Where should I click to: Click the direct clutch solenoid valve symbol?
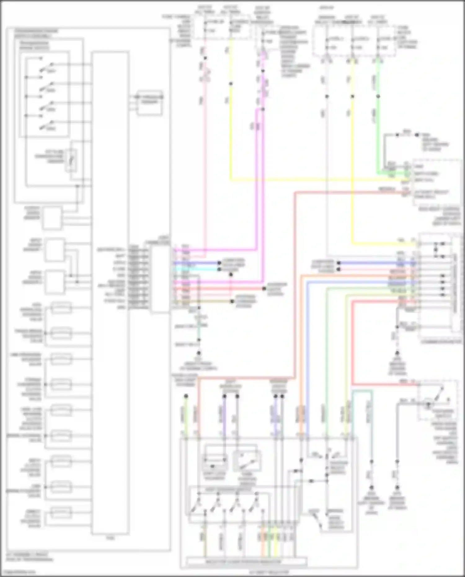tap(61, 512)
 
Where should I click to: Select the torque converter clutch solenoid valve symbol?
tap(61, 385)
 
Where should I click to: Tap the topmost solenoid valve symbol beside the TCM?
tap(61, 308)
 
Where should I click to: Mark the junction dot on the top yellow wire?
tap(231, 84)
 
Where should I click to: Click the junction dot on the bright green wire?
tap(378, 96)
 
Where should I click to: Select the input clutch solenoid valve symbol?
tap(61, 461)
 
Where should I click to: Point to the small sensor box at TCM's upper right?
tap(150, 102)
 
